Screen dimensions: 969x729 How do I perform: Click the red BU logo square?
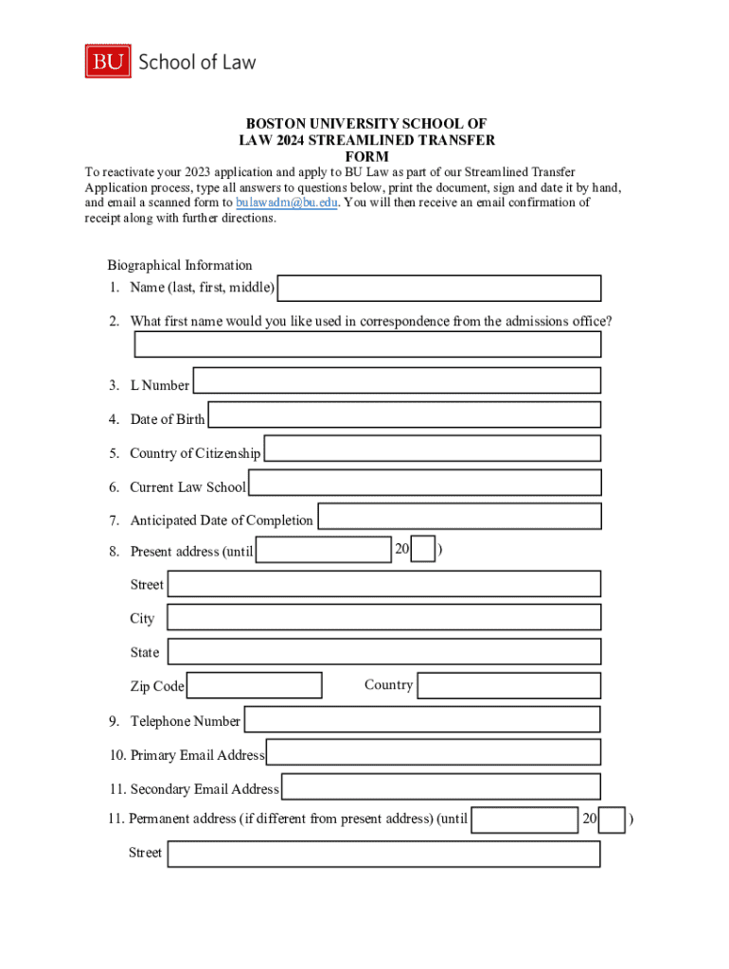[x=108, y=62]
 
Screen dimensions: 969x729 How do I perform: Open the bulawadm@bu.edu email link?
[x=286, y=203]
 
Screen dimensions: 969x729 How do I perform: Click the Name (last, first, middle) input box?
[x=439, y=288]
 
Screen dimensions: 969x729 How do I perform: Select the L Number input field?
[x=397, y=380]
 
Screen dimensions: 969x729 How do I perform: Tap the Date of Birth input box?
[x=404, y=414]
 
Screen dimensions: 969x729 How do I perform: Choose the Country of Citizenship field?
[x=433, y=449]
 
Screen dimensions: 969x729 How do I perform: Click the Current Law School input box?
[x=425, y=483]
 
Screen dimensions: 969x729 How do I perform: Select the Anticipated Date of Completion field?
[x=459, y=517]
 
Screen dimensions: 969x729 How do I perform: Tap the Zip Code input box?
[x=255, y=685]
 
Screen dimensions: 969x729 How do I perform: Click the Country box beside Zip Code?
[x=509, y=685]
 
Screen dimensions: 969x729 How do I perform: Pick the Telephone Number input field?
[x=422, y=719]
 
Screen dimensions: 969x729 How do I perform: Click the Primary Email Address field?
[x=434, y=752]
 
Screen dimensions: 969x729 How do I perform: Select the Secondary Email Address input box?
[x=441, y=786]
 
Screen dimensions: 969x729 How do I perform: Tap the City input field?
[x=383, y=618]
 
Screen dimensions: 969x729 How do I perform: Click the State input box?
[x=383, y=651]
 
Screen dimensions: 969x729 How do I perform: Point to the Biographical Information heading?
[x=180, y=265]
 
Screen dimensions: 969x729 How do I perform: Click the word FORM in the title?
[x=367, y=156]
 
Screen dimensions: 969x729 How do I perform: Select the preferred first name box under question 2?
[x=367, y=344]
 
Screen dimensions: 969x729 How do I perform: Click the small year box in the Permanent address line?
[x=613, y=820]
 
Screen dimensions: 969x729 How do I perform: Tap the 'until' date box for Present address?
[x=324, y=550]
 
